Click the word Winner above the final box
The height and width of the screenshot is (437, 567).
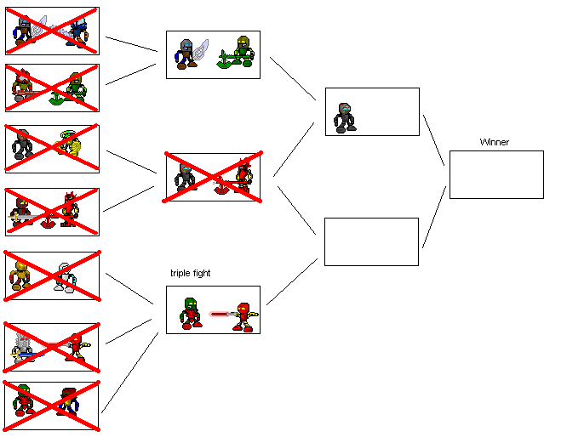(x=494, y=142)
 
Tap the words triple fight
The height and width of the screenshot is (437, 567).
(x=190, y=273)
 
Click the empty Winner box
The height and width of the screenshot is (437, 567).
(x=495, y=174)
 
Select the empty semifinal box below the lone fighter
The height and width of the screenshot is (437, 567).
(x=371, y=241)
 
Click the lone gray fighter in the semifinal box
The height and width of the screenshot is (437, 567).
(x=345, y=116)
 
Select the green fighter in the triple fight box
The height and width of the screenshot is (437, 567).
(x=192, y=312)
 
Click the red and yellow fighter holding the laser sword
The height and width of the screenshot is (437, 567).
(x=244, y=315)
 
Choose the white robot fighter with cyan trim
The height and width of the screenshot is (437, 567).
(x=64, y=276)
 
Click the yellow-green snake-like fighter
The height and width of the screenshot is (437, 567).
(x=72, y=147)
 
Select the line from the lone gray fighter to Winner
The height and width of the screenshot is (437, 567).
(x=433, y=139)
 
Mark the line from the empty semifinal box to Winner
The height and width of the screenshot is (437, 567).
(x=434, y=217)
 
